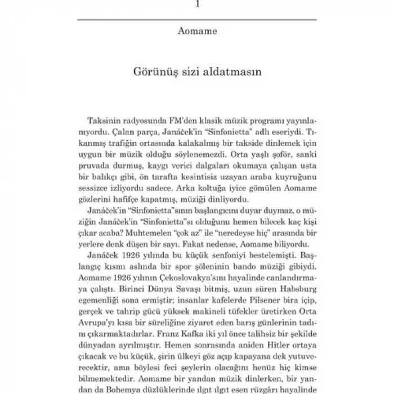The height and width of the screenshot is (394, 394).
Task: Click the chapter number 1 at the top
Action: click(196, 4)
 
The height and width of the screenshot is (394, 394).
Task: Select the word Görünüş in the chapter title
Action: click(154, 73)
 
